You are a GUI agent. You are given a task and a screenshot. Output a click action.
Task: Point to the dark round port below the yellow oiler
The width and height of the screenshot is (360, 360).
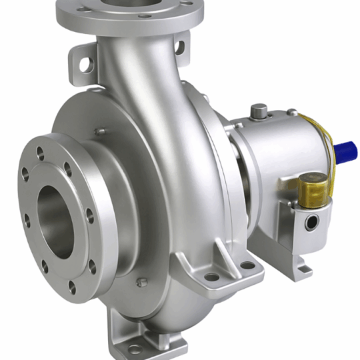point(311,223)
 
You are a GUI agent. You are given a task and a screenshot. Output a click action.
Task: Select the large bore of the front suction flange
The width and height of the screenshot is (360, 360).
point(57,220)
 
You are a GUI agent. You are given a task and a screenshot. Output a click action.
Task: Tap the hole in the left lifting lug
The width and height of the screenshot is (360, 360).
point(86,64)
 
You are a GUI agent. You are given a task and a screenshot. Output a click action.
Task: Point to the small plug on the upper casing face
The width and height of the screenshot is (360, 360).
point(100,132)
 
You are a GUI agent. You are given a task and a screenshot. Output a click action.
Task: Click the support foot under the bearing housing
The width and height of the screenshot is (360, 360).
point(297,263)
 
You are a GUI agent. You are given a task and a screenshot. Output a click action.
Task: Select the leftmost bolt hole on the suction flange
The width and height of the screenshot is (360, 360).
point(25,174)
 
